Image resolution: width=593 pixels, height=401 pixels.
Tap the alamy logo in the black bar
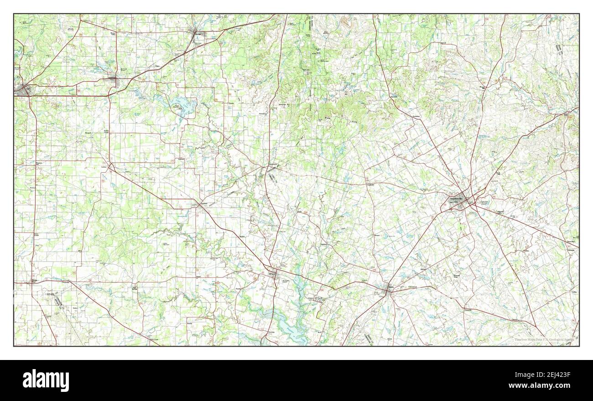pos(46,380)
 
